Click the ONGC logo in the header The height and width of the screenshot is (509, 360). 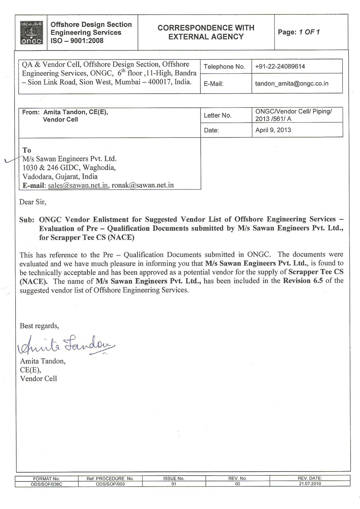(x=31, y=32)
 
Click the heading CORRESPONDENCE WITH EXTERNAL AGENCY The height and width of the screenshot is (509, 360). (x=206, y=32)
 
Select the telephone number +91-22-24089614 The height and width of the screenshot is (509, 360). (x=280, y=66)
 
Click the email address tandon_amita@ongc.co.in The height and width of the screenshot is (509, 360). (x=291, y=84)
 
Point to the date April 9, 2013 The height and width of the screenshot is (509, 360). (x=273, y=130)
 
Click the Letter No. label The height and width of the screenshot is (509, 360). (x=217, y=115)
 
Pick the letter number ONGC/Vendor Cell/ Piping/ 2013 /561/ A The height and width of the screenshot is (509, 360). (x=293, y=115)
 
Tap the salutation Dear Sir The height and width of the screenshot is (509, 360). (x=33, y=202)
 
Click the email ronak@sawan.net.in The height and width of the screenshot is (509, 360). (x=143, y=185)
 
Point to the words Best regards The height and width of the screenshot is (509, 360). (x=39, y=326)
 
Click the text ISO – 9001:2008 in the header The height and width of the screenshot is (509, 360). (x=77, y=41)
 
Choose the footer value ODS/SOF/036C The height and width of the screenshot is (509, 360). (x=46, y=484)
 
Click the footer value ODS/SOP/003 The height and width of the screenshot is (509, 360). (x=110, y=484)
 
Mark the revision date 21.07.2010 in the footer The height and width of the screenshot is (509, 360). (x=310, y=484)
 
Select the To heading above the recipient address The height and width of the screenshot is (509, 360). (x=26, y=150)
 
